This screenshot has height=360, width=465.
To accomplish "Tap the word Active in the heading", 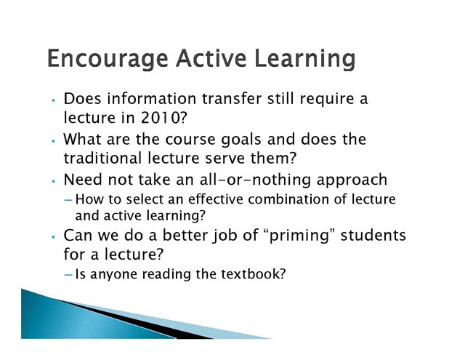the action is [211, 57].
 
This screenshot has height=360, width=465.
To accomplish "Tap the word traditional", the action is [102, 158].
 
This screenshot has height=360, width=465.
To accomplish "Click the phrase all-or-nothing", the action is [255, 180].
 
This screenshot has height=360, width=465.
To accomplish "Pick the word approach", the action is [352, 180].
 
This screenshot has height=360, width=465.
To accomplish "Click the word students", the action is [373, 236].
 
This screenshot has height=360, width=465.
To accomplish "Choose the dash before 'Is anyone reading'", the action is [68, 275].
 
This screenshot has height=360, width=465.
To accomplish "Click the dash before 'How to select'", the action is [68, 200].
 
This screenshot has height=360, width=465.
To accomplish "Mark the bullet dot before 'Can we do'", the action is [53, 237].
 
